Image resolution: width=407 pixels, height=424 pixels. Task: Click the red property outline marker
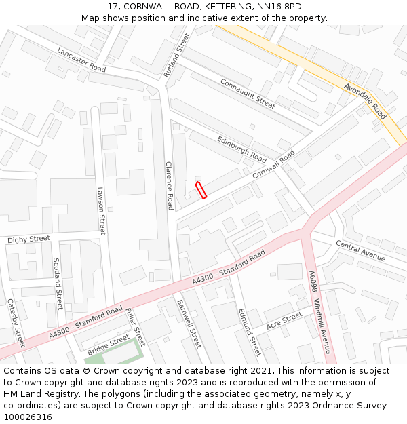(x=201, y=190)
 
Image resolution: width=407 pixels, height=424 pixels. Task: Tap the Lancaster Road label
(x=81, y=60)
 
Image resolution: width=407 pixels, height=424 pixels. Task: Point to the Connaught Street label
(x=247, y=93)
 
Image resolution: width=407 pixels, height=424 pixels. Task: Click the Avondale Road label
(x=365, y=101)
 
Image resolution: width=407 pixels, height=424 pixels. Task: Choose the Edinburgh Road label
(x=241, y=148)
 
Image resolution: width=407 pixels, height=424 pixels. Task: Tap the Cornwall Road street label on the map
(x=274, y=164)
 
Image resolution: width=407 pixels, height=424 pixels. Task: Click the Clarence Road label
(x=170, y=185)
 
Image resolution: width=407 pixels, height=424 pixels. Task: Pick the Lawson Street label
(x=102, y=211)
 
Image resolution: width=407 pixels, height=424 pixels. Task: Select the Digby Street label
(x=28, y=239)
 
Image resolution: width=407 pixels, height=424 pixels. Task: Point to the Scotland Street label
(x=58, y=283)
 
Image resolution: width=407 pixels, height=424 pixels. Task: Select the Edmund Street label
(x=249, y=331)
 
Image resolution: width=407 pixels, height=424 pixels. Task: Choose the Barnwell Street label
(x=189, y=323)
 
